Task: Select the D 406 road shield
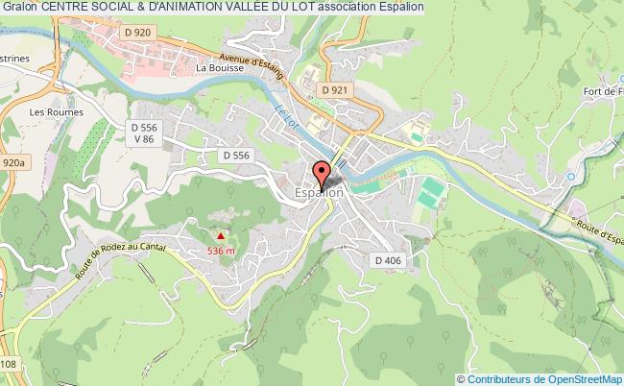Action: pos(388,260)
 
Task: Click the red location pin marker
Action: pos(320,175)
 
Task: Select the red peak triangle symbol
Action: pos(222,234)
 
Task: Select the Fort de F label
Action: pos(601,92)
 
